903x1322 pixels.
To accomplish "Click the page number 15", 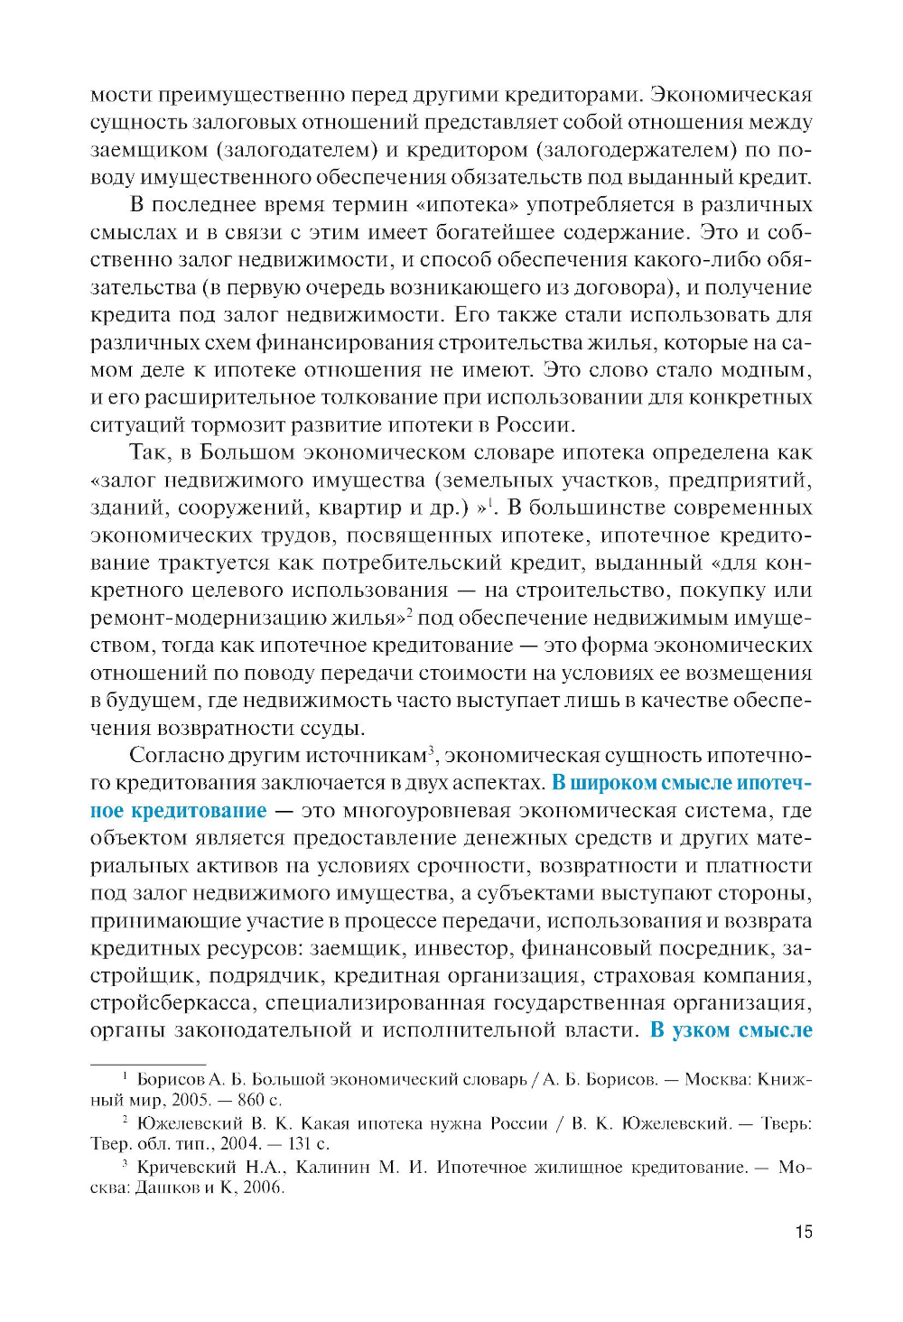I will (804, 1232).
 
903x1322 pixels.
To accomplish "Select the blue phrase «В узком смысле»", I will (731, 1030).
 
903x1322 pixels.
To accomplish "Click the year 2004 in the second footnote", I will (240, 1144).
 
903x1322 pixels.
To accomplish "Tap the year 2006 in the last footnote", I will (263, 1187).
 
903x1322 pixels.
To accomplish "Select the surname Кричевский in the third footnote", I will (187, 1168).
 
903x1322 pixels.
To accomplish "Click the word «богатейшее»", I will (495, 233).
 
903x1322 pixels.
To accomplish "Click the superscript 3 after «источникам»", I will (432, 749).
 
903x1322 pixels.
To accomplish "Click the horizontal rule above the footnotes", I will (148, 1065).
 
